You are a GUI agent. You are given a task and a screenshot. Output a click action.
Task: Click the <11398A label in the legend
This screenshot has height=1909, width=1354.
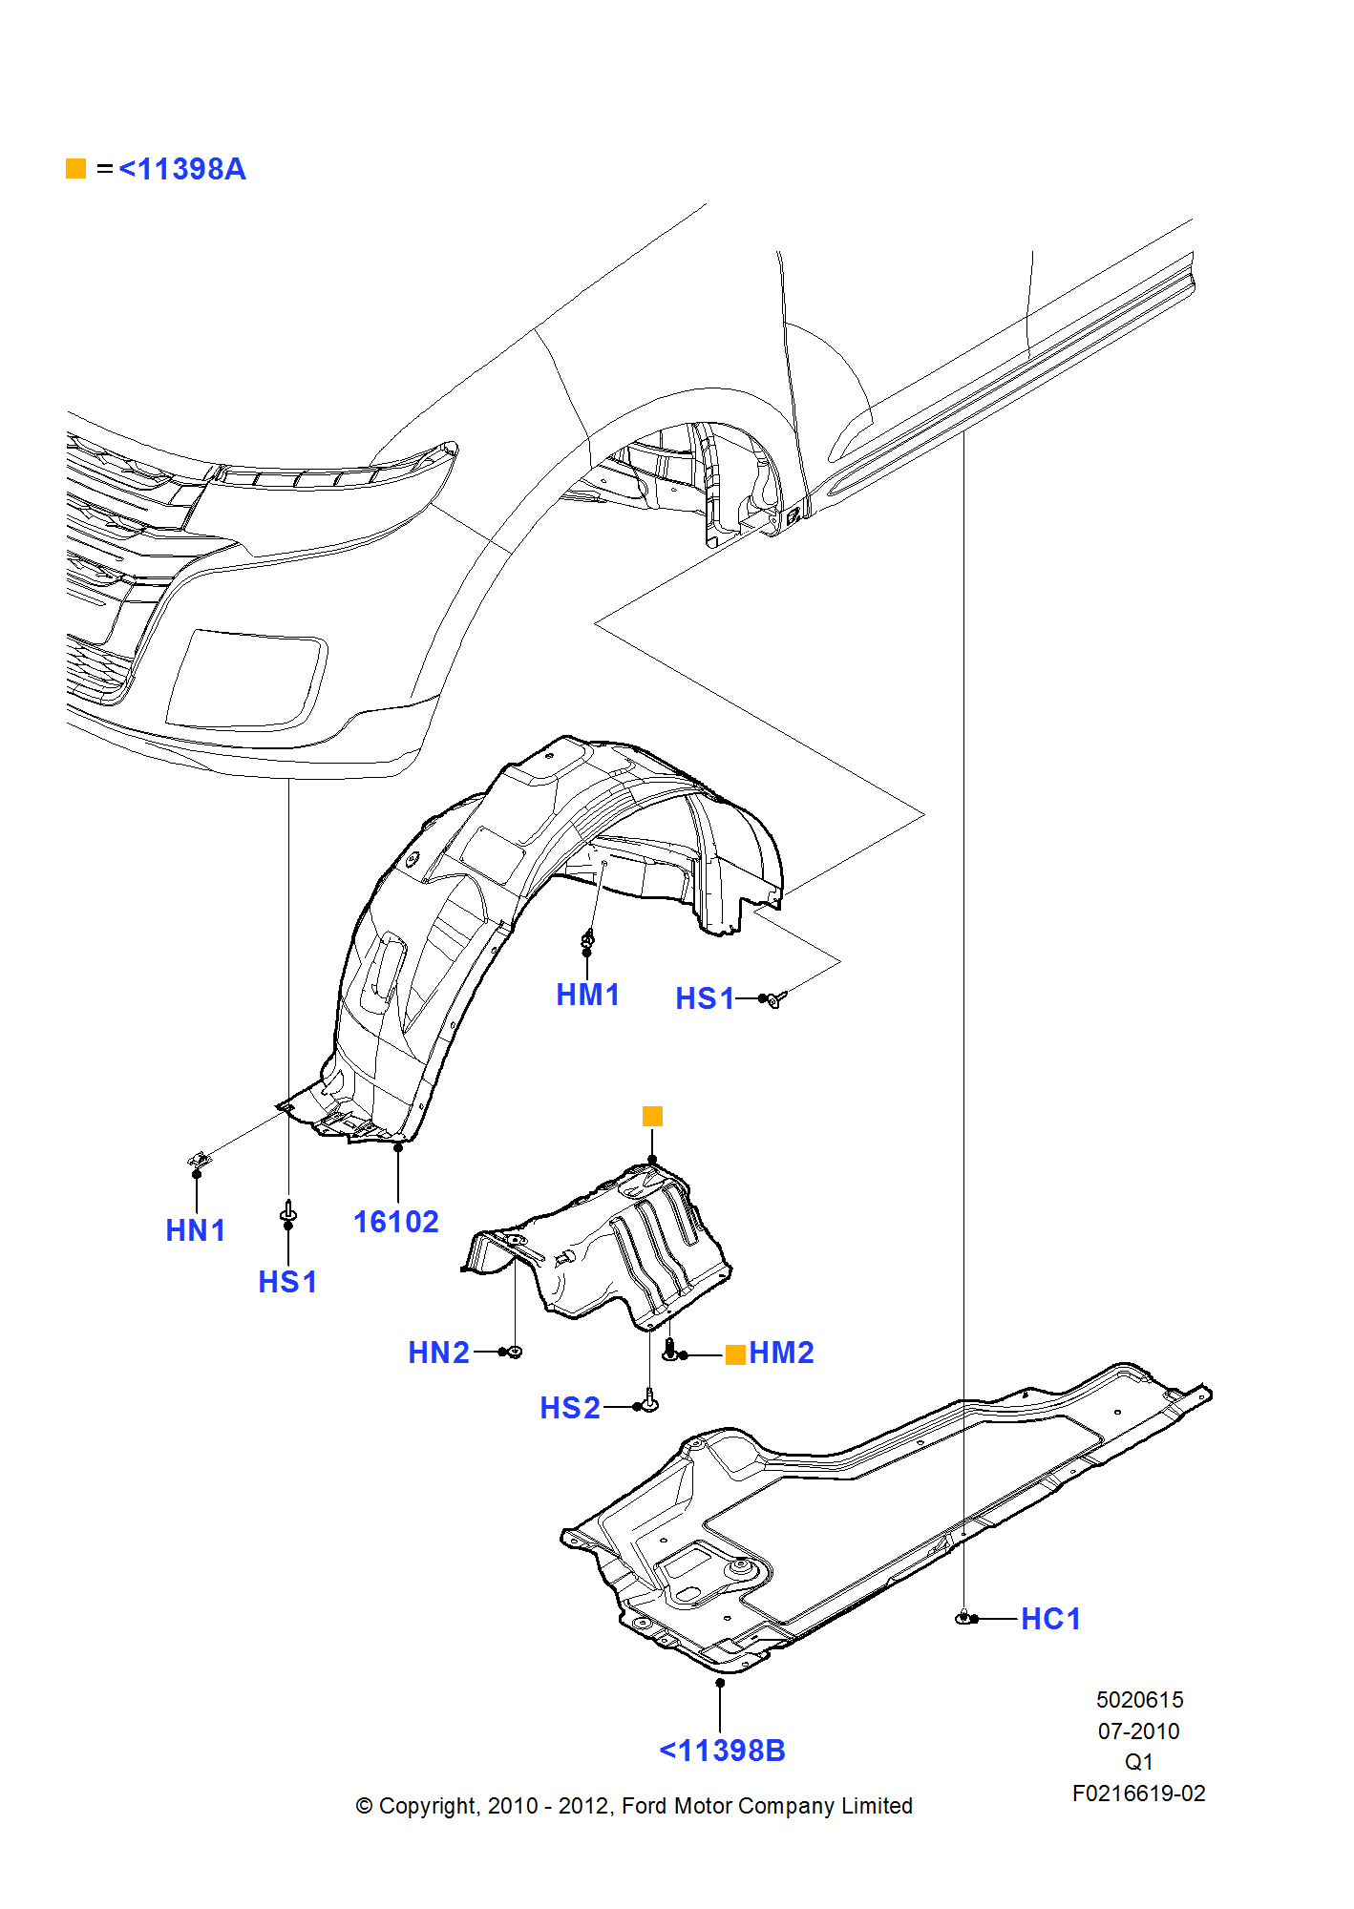point(181,169)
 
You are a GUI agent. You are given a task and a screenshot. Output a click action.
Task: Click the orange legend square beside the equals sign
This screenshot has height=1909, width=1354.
point(76,169)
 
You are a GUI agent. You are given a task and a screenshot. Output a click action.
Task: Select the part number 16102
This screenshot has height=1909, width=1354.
point(395,1222)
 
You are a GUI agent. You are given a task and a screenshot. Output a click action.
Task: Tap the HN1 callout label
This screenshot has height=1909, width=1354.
point(195,1230)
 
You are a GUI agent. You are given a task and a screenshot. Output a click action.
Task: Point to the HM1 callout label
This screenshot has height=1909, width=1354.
point(587,995)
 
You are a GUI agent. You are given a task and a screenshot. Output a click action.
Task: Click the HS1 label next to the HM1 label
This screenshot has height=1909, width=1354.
point(704,998)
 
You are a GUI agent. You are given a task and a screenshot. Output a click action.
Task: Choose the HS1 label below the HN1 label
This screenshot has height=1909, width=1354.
point(287,1282)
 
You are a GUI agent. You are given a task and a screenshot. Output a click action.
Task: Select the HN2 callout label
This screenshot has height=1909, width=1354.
point(438,1353)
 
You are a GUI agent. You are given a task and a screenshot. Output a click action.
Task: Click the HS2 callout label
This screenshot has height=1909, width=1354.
point(569,1408)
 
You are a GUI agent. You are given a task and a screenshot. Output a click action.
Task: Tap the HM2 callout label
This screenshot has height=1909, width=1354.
point(781,1353)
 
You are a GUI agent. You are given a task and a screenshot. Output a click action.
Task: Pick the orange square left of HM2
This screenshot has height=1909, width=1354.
point(735,1354)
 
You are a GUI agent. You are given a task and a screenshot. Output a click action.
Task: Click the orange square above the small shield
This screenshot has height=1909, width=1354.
point(652,1116)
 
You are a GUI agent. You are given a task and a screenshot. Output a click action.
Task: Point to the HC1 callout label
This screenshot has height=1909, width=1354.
point(1050,1619)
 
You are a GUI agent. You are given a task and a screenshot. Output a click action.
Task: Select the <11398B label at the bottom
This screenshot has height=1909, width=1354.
point(722,1751)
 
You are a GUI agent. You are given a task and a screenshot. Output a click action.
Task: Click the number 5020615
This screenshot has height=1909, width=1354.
point(1139,1700)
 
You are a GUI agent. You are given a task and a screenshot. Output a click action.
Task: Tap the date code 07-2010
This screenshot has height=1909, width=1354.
point(1138,1731)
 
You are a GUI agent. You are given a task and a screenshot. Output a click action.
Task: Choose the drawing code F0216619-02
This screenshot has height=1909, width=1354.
point(1138,1794)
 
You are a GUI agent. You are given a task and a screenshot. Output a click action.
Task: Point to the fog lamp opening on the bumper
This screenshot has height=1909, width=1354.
point(246,680)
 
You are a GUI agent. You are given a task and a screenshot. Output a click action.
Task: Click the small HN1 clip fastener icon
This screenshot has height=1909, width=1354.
point(200,1160)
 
